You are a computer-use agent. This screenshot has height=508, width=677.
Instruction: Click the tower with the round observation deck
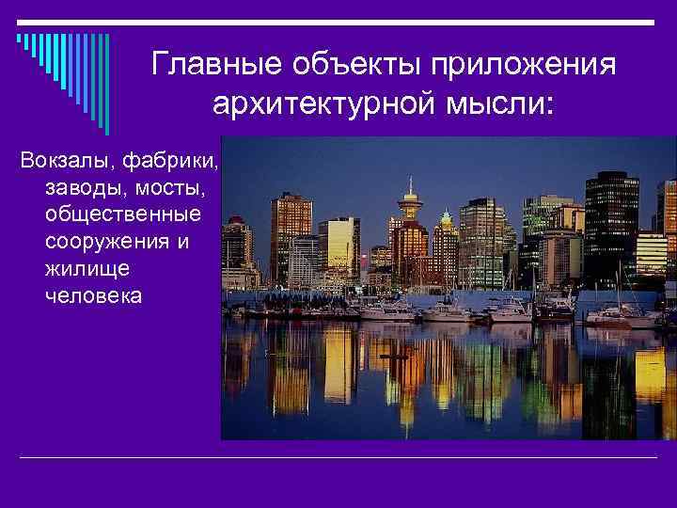point(410,201)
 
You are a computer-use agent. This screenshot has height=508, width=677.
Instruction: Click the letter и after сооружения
point(182,242)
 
